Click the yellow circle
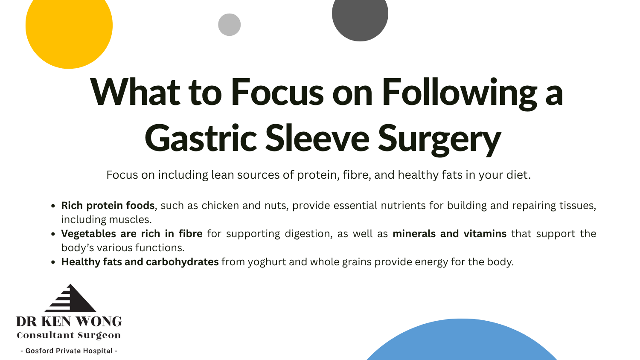click(x=69, y=29)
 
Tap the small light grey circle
click(x=229, y=25)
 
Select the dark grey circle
click(x=360, y=16)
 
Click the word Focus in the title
click(x=277, y=92)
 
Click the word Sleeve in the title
click(x=317, y=138)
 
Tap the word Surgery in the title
click(x=439, y=140)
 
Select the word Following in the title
click(x=460, y=94)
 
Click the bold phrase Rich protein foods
click(x=108, y=206)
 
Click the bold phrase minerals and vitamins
click(x=449, y=234)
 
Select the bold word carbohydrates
click(x=182, y=262)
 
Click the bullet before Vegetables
click(x=53, y=234)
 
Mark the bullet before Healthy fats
click(x=53, y=262)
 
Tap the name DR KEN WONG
click(x=69, y=322)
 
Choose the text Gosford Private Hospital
click(x=69, y=351)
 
